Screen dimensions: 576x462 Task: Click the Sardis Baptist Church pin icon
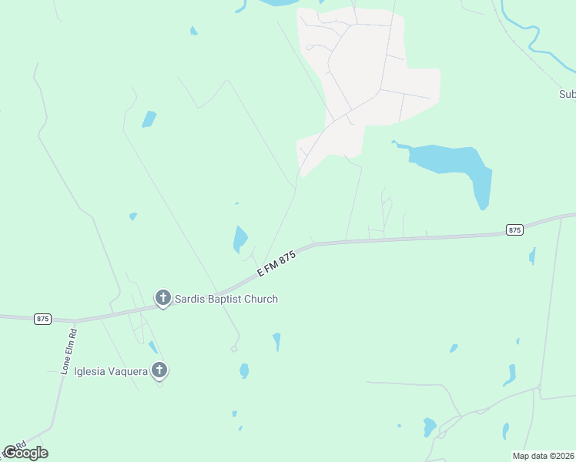[x=162, y=297]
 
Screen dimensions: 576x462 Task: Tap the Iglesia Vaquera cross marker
[x=159, y=370]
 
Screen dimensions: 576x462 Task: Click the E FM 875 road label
[x=276, y=265]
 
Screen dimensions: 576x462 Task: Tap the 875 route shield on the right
[x=515, y=229]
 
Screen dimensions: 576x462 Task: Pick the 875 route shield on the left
[x=43, y=318]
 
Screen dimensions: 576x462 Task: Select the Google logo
[x=25, y=453]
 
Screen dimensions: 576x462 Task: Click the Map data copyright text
[x=543, y=456]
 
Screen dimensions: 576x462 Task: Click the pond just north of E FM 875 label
[x=240, y=239]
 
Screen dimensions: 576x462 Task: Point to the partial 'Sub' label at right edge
[x=567, y=95]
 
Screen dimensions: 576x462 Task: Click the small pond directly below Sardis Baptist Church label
[x=276, y=341]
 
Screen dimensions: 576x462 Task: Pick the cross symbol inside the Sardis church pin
[x=162, y=296]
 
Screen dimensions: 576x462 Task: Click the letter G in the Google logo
[x=9, y=453]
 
